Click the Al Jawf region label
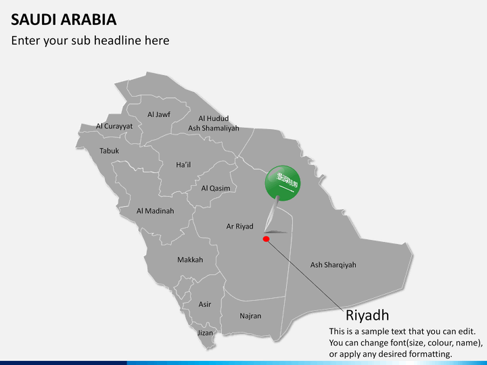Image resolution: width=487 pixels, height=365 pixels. pyautogui.click(x=159, y=115)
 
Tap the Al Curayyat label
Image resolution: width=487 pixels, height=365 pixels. pyautogui.click(x=114, y=126)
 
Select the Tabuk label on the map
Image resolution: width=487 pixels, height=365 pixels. pyautogui.click(x=109, y=151)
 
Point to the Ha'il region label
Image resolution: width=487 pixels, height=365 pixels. pyautogui.click(x=183, y=164)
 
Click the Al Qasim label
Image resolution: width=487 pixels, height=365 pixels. pyautogui.click(x=216, y=188)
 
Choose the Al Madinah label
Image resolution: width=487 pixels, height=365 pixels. pyautogui.click(x=155, y=211)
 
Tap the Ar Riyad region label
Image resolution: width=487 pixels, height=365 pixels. pyautogui.click(x=239, y=226)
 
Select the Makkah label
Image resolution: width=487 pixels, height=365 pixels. pyautogui.click(x=190, y=260)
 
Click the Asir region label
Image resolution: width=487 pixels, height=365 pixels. pyautogui.click(x=205, y=304)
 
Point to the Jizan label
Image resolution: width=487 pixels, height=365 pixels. pyautogui.click(x=205, y=333)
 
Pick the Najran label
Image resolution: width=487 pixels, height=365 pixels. pyautogui.click(x=250, y=316)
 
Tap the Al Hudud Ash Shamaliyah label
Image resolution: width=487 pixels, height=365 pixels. pyautogui.click(x=214, y=123)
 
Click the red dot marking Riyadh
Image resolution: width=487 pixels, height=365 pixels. pyautogui.click(x=266, y=239)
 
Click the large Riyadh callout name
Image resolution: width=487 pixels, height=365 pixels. pyautogui.click(x=367, y=315)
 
